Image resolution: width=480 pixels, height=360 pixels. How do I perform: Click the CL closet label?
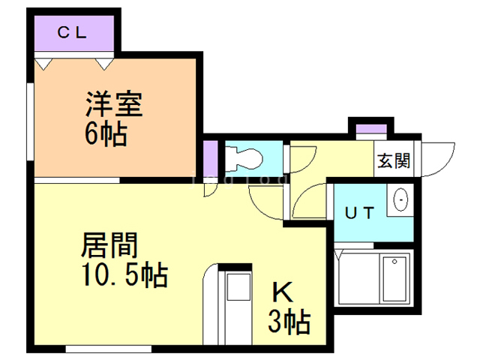73,32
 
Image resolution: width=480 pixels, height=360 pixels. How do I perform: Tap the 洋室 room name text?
113,103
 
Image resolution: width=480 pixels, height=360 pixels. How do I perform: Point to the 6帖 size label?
105,135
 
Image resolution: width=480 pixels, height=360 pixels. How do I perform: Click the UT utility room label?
358,213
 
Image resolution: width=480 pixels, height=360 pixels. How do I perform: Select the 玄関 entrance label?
393,159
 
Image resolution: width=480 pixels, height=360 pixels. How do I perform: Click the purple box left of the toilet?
210,157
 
